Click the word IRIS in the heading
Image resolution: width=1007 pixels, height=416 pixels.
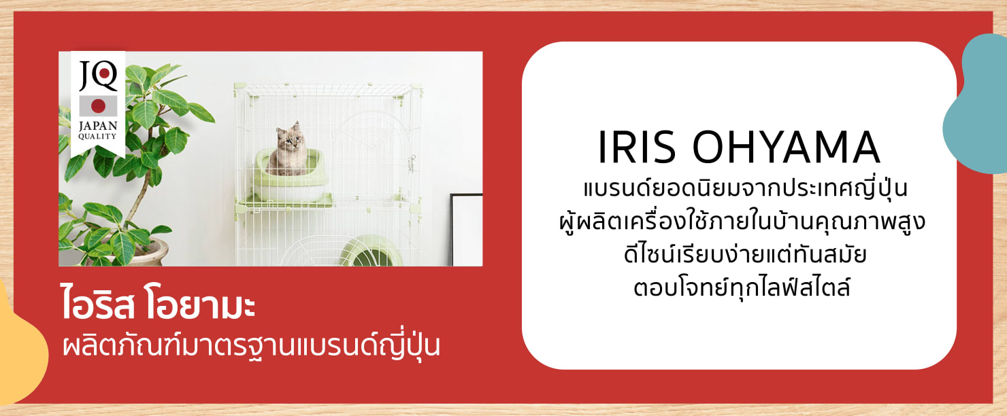pyautogui.click(x=637, y=147)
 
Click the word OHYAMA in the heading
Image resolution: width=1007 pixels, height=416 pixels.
pyautogui.click(x=786, y=147)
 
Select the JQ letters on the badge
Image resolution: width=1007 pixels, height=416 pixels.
pyautogui.click(x=98, y=75)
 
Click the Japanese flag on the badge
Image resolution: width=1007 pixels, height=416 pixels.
pyautogui.click(x=98, y=106)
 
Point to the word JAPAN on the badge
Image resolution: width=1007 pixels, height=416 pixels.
pyautogui.click(x=98, y=126)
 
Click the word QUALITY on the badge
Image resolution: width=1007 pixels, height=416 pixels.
pyautogui.click(x=97, y=137)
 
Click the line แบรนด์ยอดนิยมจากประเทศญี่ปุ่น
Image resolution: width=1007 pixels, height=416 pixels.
pyautogui.click(x=745, y=188)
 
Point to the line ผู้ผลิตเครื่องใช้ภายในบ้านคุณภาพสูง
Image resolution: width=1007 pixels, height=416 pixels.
pyautogui.click(x=742, y=222)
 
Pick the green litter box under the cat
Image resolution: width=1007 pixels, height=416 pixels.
pyautogui.click(x=291, y=176)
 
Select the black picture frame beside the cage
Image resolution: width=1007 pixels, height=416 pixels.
pyautogui.click(x=466, y=230)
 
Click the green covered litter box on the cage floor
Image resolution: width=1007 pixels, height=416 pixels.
pyautogui.click(x=370, y=251)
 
